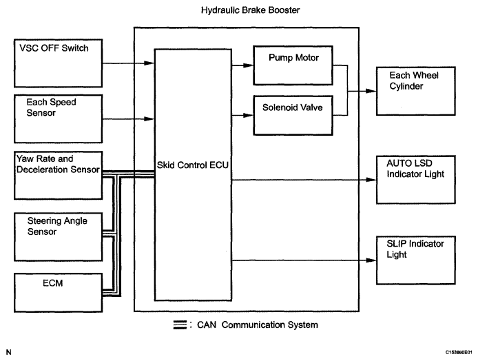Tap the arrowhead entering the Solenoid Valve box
(250, 114)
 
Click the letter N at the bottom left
(8, 352)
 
